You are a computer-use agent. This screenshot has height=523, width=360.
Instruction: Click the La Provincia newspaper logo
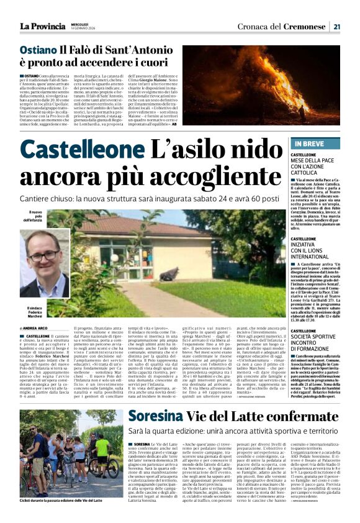pos(42,26)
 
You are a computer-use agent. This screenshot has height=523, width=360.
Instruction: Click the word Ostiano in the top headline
pos(38,49)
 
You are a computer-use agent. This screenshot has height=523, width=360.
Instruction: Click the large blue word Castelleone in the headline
pos(81,150)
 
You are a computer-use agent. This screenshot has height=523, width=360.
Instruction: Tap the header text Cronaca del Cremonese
pos(282,26)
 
